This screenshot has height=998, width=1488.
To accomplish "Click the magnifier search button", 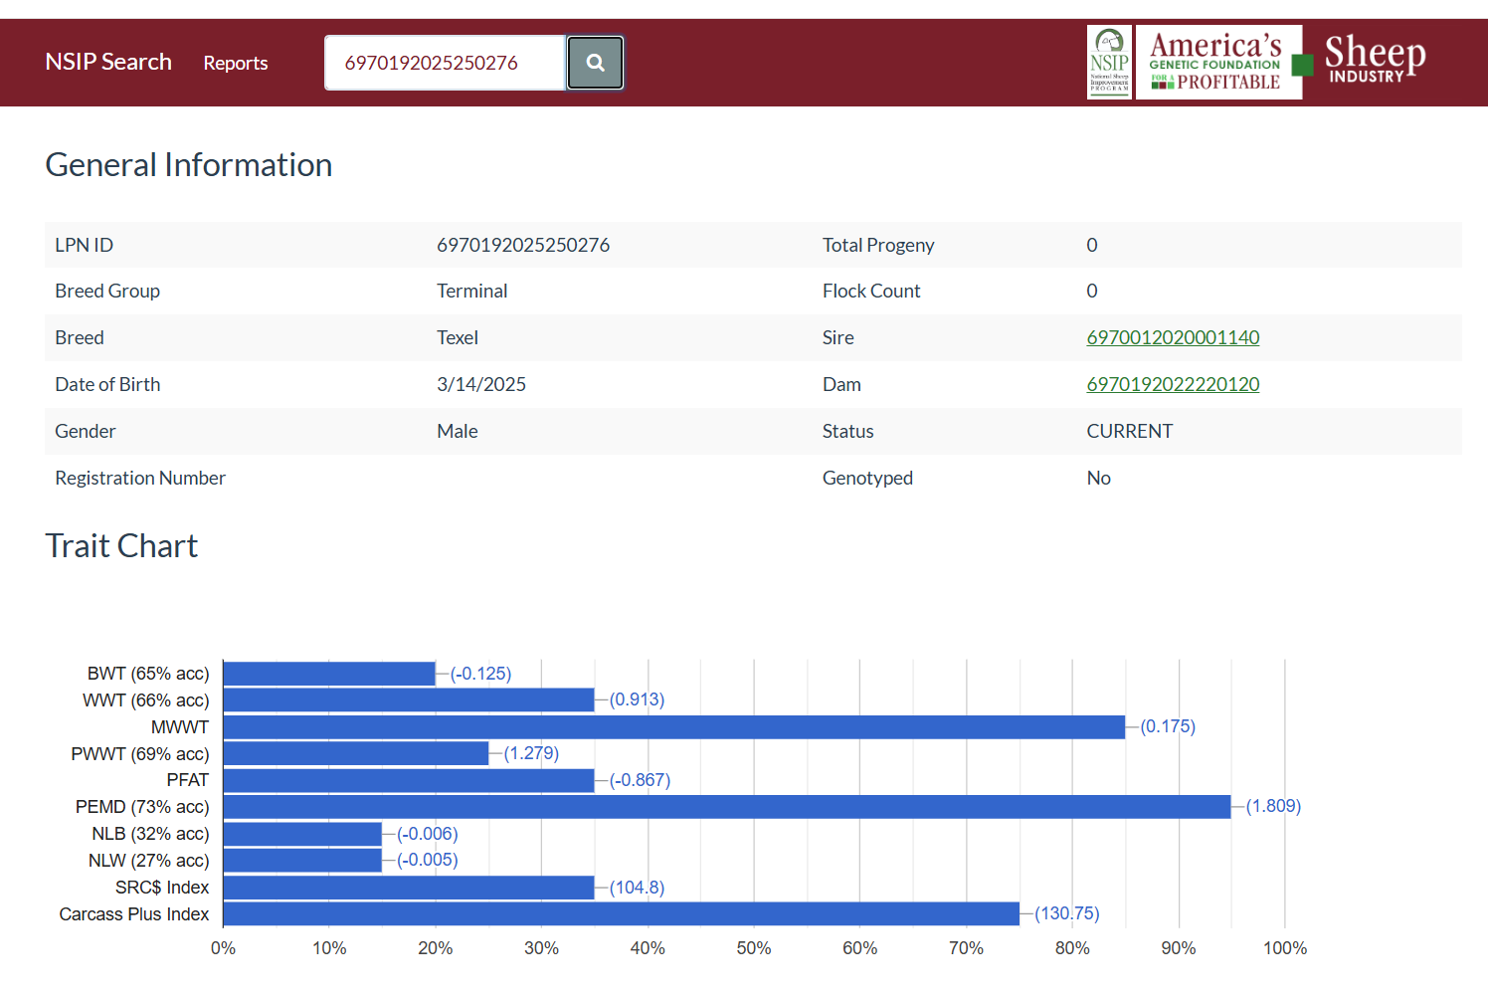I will coord(595,63).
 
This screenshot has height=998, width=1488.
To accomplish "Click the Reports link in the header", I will coord(236,63).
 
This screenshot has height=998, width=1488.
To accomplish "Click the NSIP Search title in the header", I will coord(108,62).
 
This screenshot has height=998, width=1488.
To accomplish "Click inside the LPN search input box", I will coord(444,63).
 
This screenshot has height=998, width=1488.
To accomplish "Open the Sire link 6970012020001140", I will coord(1173,337).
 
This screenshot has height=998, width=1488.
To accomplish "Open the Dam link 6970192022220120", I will coord(1173,384).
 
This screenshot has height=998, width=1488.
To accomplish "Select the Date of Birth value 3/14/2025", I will coord(481,384).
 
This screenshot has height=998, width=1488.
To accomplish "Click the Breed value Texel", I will coord(458,337).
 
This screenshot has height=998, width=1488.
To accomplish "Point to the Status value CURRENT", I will coord(1129,431).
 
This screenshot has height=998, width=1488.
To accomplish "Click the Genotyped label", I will coord(867,478).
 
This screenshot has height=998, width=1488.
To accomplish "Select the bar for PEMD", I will coord(726,807).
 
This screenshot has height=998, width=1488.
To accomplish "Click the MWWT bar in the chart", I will coord(673,727).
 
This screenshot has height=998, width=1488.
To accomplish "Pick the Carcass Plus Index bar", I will coord(621,913).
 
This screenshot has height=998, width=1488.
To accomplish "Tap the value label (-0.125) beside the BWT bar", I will coord(480,674).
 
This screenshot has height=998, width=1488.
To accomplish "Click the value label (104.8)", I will coord(637,888).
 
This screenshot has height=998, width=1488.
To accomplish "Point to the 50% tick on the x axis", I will coord(753,948).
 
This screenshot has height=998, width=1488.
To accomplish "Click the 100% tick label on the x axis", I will coord(1284,948).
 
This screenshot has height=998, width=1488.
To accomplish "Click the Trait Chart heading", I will coord(121,546).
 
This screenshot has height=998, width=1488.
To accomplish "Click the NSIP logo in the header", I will coord(1109,62).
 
